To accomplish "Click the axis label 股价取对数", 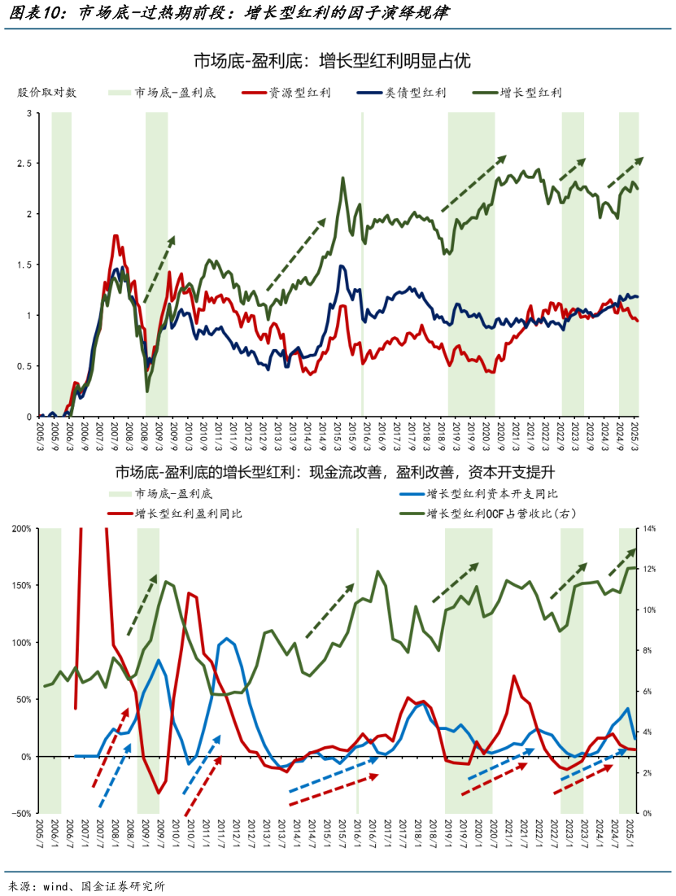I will tap(47, 93).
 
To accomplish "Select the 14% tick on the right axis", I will tap(652, 529).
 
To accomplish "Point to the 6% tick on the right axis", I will tap(650, 692).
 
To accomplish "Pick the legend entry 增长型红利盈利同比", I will tap(188, 514).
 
